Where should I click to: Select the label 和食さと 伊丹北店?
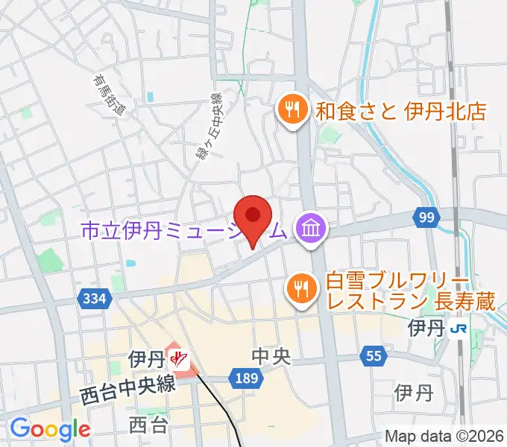400,112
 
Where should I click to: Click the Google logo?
49,428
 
